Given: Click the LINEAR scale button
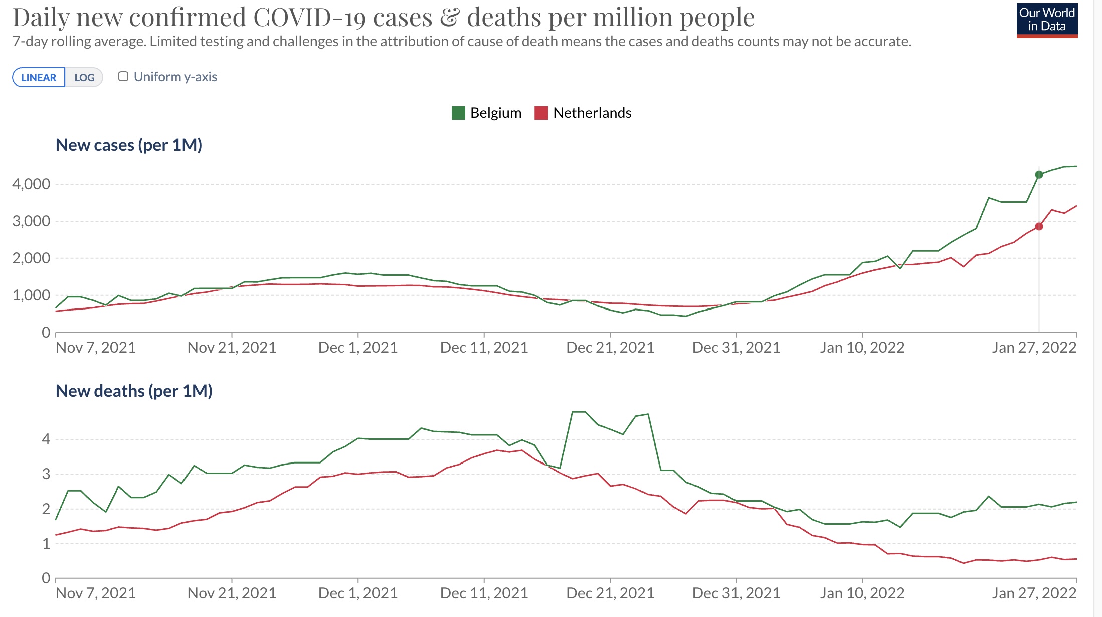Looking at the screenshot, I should [x=39, y=77].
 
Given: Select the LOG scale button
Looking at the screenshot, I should [x=84, y=77].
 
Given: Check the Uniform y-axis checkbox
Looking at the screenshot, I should [x=123, y=76].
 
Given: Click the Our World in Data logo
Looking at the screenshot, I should [x=1047, y=20].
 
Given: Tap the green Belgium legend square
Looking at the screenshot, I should [x=458, y=113].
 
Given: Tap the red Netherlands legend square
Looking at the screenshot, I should [x=541, y=113].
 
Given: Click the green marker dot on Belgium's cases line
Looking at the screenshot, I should [x=1039, y=175].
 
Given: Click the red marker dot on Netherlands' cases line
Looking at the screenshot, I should [x=1039, y=227].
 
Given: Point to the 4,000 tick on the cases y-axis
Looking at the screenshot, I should [x=31, y=184].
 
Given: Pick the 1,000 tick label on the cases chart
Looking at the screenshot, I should [x=31, y=295].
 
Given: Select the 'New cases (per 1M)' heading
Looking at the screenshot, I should [x=129, y=145].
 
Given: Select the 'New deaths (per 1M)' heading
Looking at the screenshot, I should [x=134, y=391].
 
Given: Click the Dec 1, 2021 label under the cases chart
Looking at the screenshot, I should [x=358, y=347].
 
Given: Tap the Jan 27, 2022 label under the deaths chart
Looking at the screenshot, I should [x=1034, y=593].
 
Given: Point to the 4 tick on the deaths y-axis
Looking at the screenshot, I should [x=46, y=439].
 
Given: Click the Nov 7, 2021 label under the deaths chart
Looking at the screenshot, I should [x=96, y=593].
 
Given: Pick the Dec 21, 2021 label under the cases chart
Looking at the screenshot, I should [x=610, y=347].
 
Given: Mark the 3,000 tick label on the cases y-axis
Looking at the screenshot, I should [x=31, y=221].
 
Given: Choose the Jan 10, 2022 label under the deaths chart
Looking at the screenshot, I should [x=862, y=593].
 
